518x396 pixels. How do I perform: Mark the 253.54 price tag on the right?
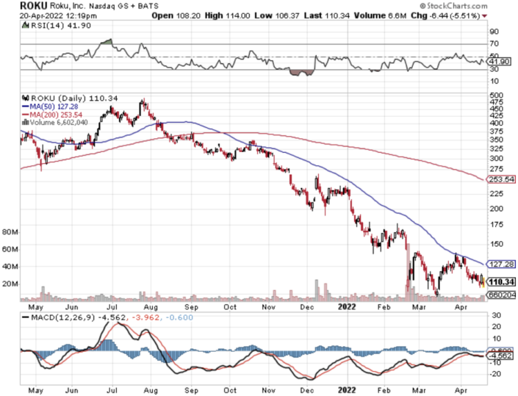click(501, 179)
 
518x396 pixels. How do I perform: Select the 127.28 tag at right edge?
click(501, 263)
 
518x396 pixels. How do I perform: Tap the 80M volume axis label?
click(10, 231)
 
